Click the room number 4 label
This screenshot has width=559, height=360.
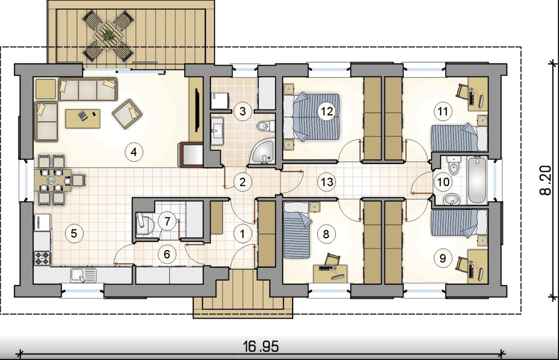pyautogui.click(x=134, y=152)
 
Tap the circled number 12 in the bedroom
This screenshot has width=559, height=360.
pyautogui.click(x=326, y=111)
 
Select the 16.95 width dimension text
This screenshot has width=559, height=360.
pyautogui.click(x=261, y=346)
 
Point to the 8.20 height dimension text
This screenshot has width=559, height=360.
pyautogui.click(x=545, y=180)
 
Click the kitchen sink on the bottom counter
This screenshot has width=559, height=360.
pyautogui.click(x=83, y=275)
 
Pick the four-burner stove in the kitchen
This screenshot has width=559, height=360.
pyautogui.click(x=42, y=258)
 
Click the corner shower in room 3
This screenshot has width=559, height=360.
pyautogui.click(x=263, y=153)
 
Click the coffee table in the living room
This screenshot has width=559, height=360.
pyautogui.click(x=83, y=119)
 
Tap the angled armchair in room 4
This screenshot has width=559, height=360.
pyautogui.click(x=127, y=114)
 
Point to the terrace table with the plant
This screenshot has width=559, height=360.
pyautogui.click(x=108, y=36)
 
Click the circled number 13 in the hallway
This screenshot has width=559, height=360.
pyautogui.click(x=326, y=182)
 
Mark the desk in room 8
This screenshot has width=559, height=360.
pyautogui.click(x=330, y=273)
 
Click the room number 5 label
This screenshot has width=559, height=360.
pyautogui.click(x=74, y=233)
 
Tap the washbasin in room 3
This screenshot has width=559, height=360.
pyautogui.click(x=217, y=131)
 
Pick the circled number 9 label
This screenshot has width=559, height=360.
pyautogui.click(x=442, y=258)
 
